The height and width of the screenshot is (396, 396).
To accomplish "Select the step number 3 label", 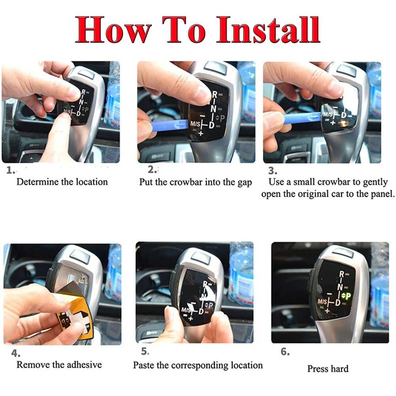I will coord(273,171).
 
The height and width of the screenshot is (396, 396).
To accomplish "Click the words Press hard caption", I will coord(328,369).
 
